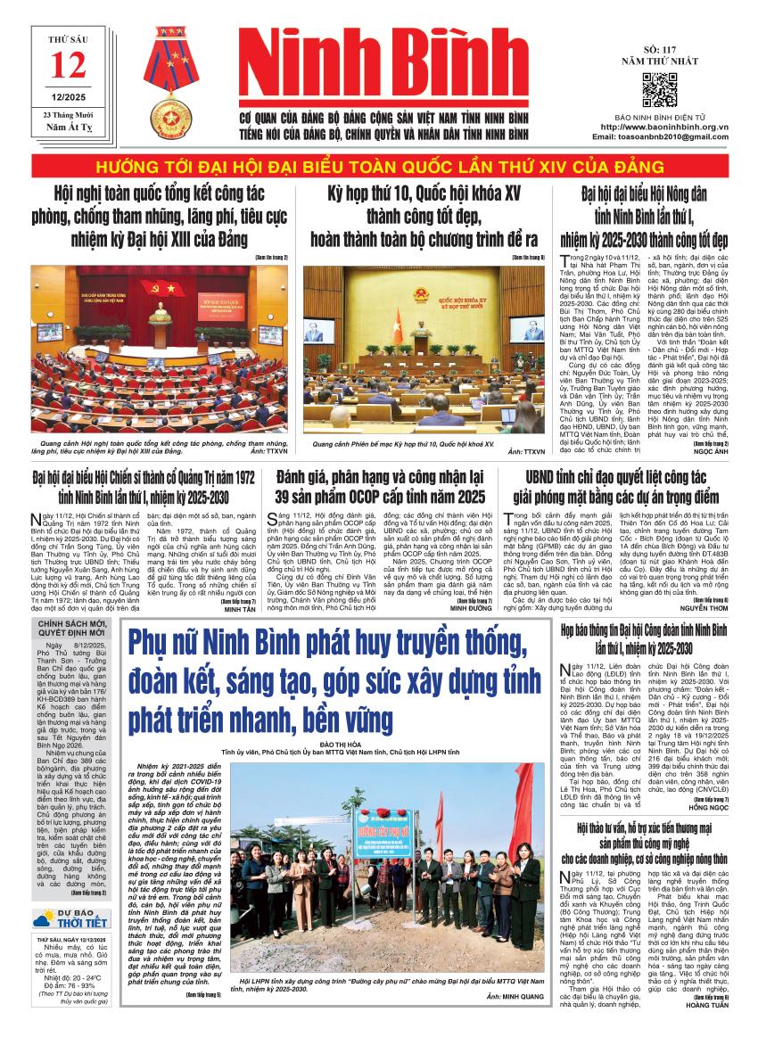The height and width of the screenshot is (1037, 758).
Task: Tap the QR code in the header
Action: (660, 90)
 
